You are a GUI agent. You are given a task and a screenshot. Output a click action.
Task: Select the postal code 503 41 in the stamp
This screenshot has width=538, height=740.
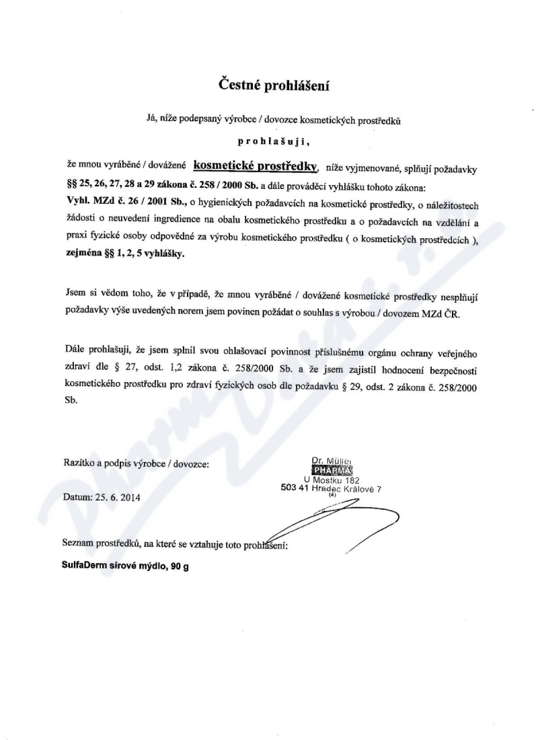point(295,489)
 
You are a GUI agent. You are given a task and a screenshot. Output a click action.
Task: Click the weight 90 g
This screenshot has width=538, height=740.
point(180,566)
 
